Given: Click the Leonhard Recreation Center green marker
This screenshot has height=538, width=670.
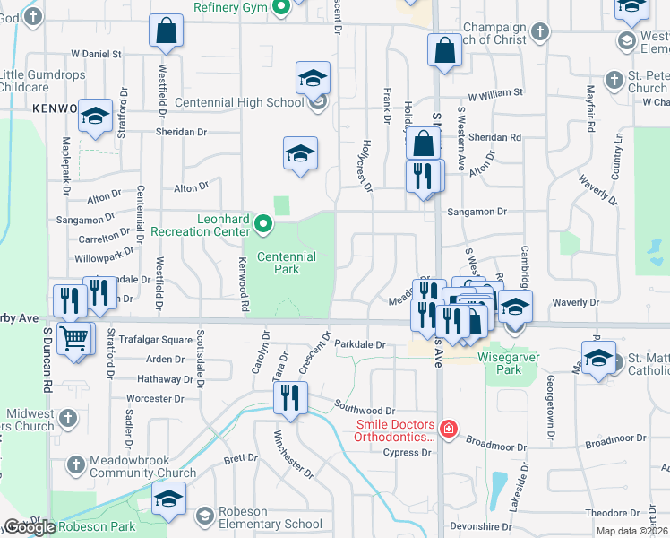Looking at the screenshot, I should tap(262, 223).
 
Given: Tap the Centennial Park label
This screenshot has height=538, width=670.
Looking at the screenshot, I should tap(287, 263).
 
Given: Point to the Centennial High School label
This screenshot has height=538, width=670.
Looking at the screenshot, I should tap(239, 102).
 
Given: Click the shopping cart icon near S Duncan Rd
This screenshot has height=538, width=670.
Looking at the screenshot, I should tap(75, 339).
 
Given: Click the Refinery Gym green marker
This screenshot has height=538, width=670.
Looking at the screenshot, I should tap(280, 8).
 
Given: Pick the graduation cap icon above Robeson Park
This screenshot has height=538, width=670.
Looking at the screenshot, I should tap(168, 499).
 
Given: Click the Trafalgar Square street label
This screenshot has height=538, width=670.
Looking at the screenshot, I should tap(159, 340).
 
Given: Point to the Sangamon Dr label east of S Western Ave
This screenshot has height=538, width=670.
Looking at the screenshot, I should tap(477, 212).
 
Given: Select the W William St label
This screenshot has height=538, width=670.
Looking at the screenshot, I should tap(494, 93).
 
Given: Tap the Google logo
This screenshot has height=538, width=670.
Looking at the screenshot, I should tap(30, 527).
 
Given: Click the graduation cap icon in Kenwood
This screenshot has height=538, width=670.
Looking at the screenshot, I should tap(95, 116).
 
